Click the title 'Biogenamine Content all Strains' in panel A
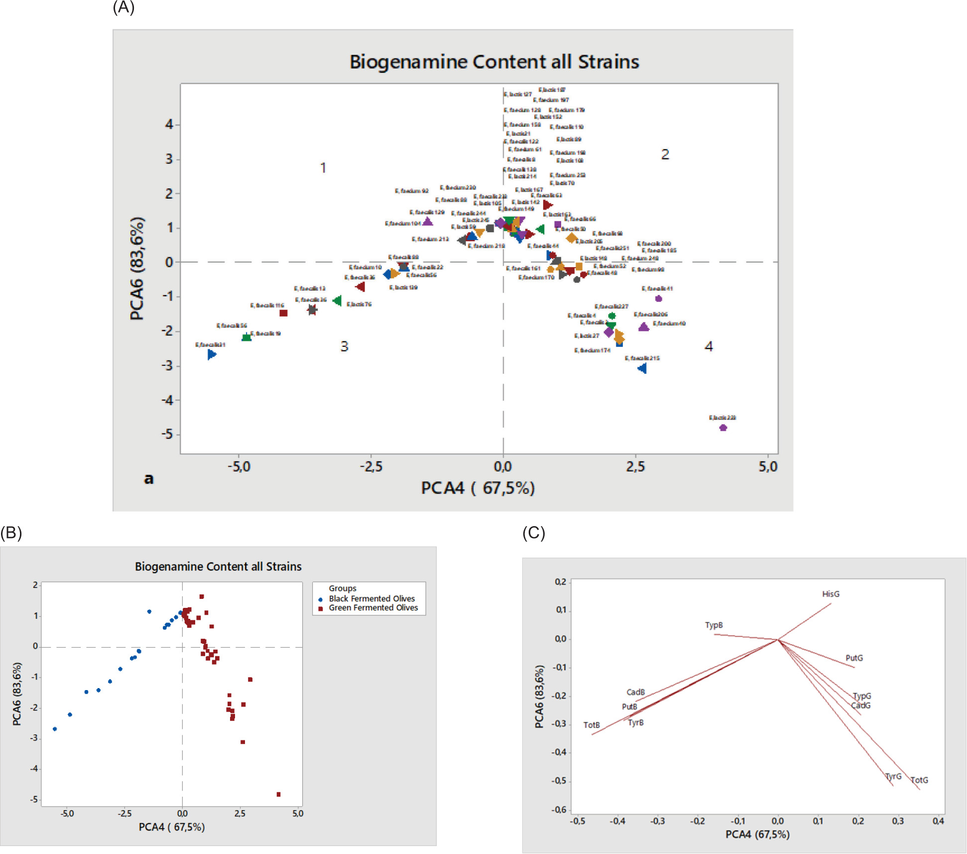[494, 62]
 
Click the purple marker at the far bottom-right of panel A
[723, 427]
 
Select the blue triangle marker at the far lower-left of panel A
[212, 354]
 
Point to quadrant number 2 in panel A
[665, 154]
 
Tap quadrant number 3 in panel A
[344, 346]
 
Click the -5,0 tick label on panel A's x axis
[239, 467]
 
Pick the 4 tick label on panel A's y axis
[169, 124]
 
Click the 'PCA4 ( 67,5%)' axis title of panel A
[478, 488]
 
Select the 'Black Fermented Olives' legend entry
[371, 598]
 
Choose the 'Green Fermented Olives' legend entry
[373, 608]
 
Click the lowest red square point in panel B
[278, 794]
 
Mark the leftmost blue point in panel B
[55, 729]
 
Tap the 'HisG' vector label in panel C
[831, 594]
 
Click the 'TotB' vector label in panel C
[592, 725]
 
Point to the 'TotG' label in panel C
[919, 780]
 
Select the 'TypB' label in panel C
[714, 625]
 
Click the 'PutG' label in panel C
[854, 658]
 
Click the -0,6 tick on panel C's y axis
[560, 810]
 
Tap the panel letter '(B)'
[11, 533]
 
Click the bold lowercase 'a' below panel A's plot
[148, 479]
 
